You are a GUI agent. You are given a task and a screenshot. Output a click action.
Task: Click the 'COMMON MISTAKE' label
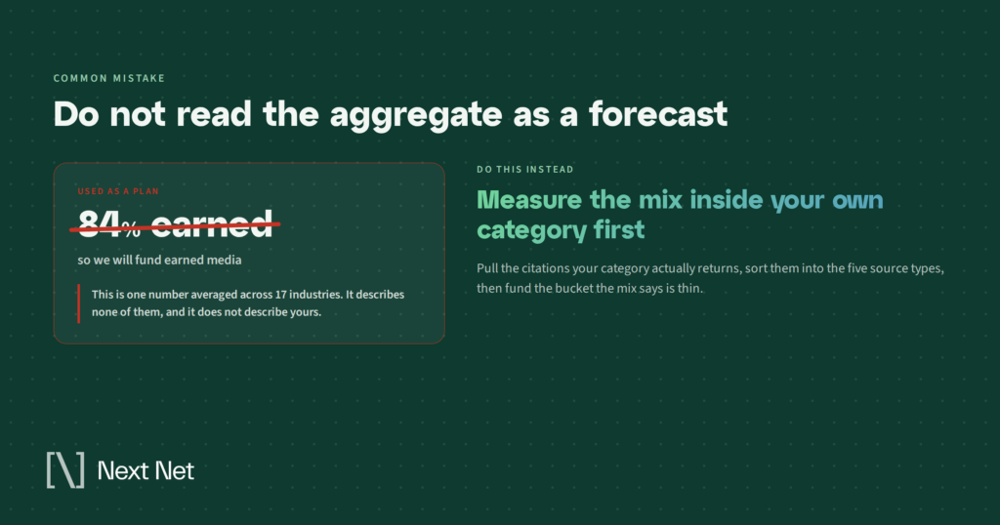click(x=109, y=78)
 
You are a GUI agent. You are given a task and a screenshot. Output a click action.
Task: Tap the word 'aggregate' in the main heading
click(x=416, y=115)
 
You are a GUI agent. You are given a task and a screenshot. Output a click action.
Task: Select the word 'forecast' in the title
click(x=657, y=113)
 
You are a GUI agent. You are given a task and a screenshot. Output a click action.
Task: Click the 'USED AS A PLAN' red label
click(x=118, y=191)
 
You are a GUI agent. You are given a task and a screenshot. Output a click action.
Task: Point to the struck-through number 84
click(x=99, y=224)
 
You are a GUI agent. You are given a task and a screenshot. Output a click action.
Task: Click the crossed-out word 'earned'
click(x=212, y=225)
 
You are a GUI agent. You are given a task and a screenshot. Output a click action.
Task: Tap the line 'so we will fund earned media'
click(x=159, y=260)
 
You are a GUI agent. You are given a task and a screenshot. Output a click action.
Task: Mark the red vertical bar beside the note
click(x=79, y=303)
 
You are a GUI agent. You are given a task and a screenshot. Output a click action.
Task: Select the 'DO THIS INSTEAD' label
click(x=524, y=170)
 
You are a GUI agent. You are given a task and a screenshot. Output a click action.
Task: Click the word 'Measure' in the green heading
click(x=529, y=200)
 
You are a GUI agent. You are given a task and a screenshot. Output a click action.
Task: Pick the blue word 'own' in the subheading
click(x=857, y=201)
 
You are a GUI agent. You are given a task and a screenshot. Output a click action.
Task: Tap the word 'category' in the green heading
click(x=531, y=230)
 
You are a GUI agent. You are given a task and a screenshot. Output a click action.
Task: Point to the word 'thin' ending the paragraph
click(x=690, y=289)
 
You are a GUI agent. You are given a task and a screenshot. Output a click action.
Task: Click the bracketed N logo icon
click(x=65, y=470)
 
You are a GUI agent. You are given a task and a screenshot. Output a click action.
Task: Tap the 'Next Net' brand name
click(x=146, y=471)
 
